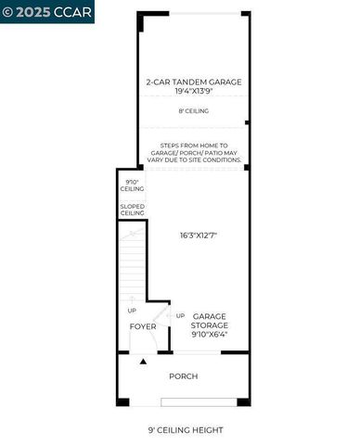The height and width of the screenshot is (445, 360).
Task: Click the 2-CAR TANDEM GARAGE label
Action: click(x=193, y=82)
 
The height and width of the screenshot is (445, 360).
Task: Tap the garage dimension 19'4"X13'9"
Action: click(x=193, y=92)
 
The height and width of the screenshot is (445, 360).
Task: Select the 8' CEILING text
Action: click(x=193, y=111)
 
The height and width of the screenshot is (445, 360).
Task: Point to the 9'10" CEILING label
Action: click(x=132, y=185)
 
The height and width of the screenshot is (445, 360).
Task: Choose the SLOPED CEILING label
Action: click(x=132, y=210)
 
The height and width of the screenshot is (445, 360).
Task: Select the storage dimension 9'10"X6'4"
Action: click(x=210, y=335)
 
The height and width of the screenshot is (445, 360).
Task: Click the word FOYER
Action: click(x=142, y=326)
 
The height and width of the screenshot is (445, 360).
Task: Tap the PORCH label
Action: click(x=183, y=375)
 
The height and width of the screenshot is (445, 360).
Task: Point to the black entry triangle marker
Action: click(x=142, y=361)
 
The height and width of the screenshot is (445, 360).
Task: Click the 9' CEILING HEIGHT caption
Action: click(x=186, y=429)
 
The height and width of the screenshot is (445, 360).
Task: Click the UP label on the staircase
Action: click(x=131, y=311)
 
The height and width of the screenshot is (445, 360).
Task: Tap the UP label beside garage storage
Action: click(x=180, y=314)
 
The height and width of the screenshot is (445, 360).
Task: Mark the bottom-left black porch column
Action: click(x=121, y=401)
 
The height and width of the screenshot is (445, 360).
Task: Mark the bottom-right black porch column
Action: click(x=244, y=401)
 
